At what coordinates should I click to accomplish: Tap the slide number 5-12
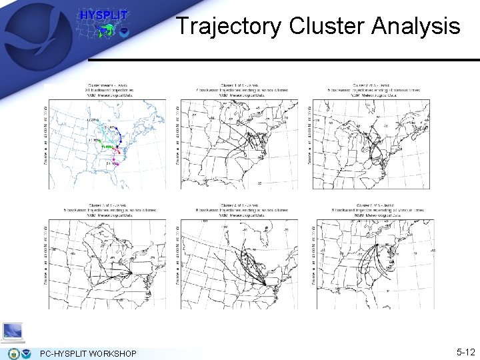[x=465, y=351]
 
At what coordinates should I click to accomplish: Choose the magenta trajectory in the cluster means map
[x=114, y=160]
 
